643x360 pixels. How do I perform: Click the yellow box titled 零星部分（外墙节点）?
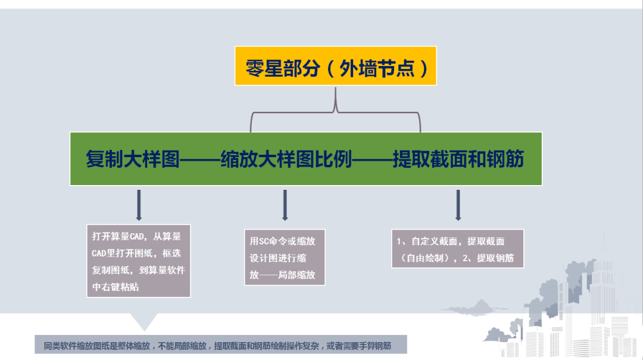pyautogui.click(x=335, y=66)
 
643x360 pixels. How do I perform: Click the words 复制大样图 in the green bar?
pyautogui.click(x=132, y=159)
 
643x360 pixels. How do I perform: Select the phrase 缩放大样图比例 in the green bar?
pyautogui.click(x=286, y=159)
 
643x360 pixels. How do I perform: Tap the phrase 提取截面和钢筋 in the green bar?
pyautogui.click(x=458, y=159)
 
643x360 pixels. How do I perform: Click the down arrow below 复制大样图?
pyautogui.click(x=139, y=205)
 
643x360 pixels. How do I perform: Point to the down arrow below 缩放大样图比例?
pyautogui.click(x=285, y=205)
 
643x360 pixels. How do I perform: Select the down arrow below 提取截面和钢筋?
pyautogui.click(x=458, y=205)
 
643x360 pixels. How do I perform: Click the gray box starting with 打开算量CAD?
pyautogui.click(x=139, y=261)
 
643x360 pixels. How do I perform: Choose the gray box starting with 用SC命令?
pyautogui.click(x=285, y=257)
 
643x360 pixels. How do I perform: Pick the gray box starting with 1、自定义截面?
pyautogui.click(x=458, y=249)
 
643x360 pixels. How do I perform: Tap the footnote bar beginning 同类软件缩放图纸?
pyautogui.click(x=221, y=345)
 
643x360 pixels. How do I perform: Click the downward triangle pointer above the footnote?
pyautogui.click(x=144, y=321)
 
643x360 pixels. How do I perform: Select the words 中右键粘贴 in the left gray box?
pyautogui.click(x=116, y=287)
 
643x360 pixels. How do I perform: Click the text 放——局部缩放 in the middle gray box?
pyautogui.click(x=283, y=275)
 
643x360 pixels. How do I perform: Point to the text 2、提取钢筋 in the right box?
pyautogui.click(x=488, y=258)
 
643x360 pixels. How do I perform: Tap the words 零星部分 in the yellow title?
pyautogui.click(x=283, y=68)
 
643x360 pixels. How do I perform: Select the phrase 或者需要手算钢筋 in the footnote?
pyautogui.click(x=358, y=346)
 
